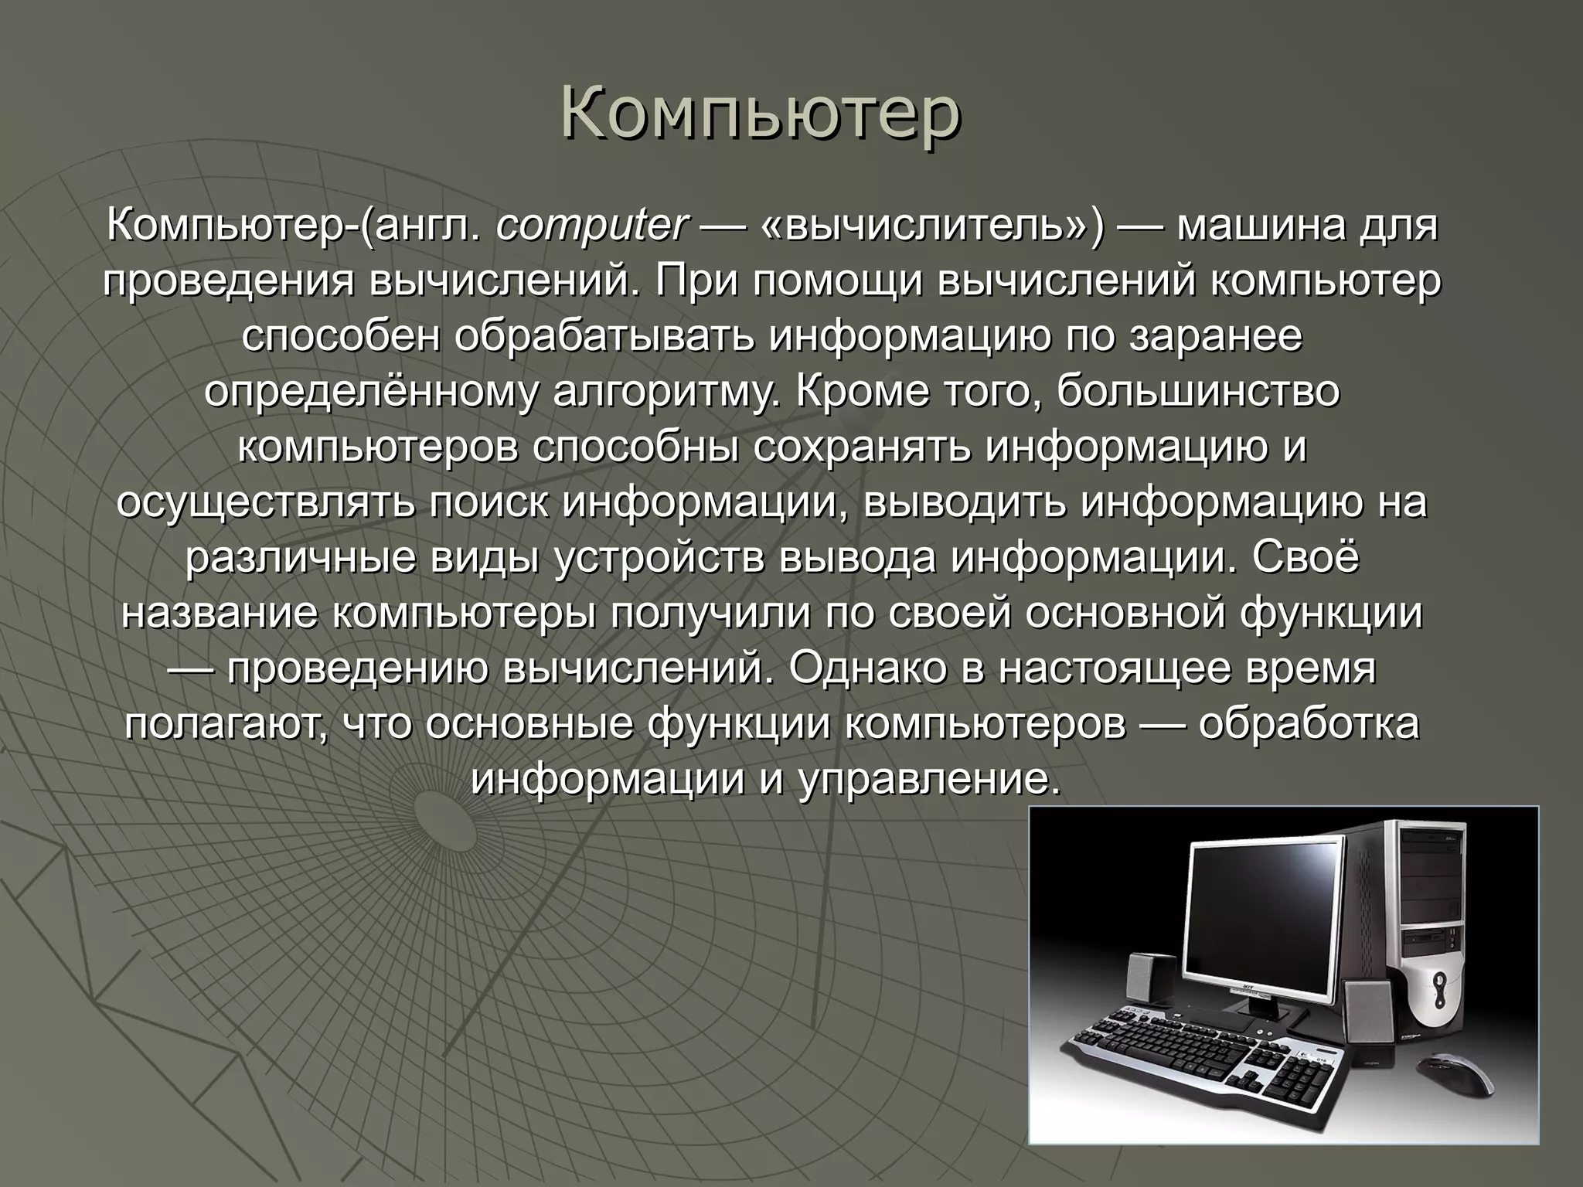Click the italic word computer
[591, 226]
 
